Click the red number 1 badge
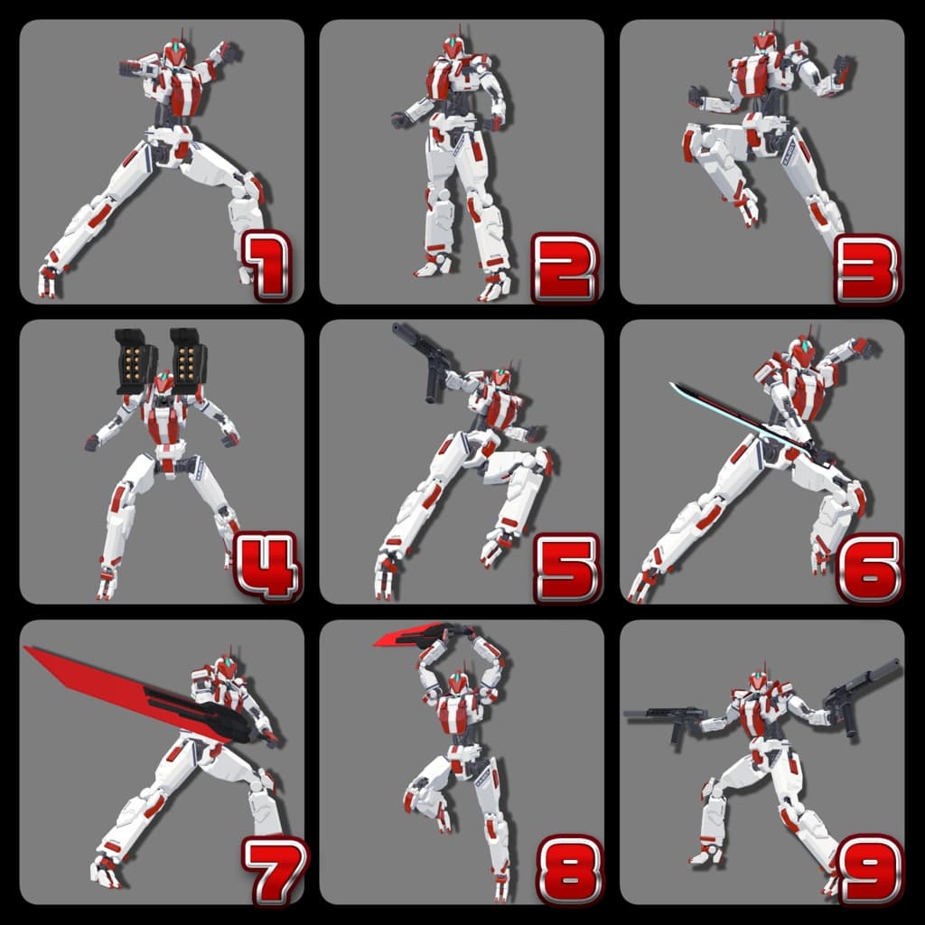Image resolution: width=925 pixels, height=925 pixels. coord(267,266)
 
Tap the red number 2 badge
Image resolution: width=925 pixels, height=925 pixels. coord(565,268)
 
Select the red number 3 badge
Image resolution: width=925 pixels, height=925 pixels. coord(867,269)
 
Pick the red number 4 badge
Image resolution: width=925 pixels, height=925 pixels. coord(267,566)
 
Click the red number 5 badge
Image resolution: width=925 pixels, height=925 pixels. coord(567,569)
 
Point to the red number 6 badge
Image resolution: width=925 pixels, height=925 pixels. coord(869,569)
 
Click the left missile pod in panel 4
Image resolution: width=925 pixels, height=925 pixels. coord(136,361)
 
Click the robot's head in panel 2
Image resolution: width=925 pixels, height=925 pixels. coord(453,46)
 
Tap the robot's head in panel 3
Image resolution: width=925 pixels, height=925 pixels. coord(765,43)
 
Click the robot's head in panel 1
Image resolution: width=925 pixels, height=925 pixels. coord(176,53)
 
